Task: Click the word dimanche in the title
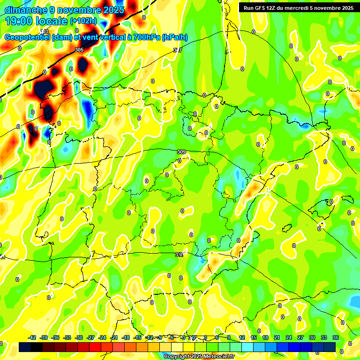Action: click(x=26, y=10)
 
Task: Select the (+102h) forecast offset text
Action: click(x=83, y=21)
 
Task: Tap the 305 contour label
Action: click(x=79, y=50)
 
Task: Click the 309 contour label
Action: click(x=181, y=152)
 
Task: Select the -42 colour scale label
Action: click(x=32, y=337)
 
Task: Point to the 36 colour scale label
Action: click(x=336, y=337)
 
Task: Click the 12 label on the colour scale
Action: click(x=241, y=337)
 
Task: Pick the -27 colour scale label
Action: click(x=90, y=337)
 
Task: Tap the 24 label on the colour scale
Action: click(x=289, y=337)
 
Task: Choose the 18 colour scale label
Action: click(x=265, y=337)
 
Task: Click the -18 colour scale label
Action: click(x=126, y=337)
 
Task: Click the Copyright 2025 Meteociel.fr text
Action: click(x=199, y=357)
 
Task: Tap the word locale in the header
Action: click(x=52, y=21)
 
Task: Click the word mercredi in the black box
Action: click(x=299, y=7)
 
